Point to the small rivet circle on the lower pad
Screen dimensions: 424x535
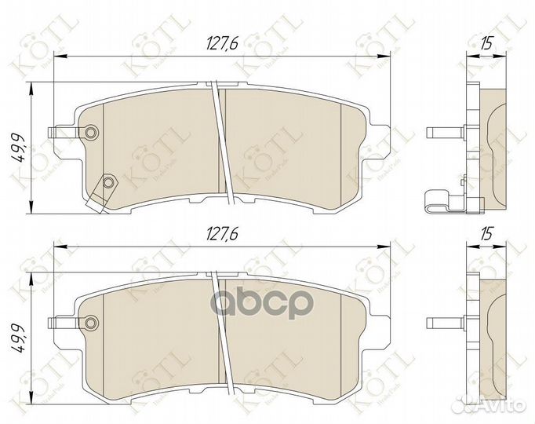[x=93, y=321]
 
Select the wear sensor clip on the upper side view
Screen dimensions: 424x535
[x=447, y=203]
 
